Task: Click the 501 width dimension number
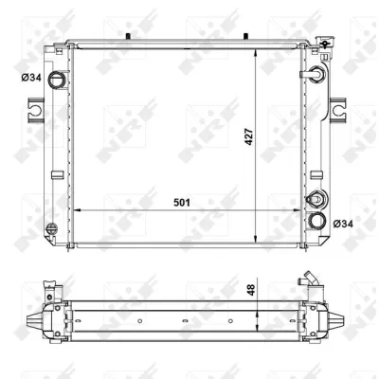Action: click(x=182, y=203)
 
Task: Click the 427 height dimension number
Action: click(x=249, y=136)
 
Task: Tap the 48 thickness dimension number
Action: click(x=252, y=290)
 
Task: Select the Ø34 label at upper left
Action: click(x=31, y=78)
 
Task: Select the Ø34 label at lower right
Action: click(x=343, y=224)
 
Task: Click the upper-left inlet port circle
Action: click(x=56, y=80)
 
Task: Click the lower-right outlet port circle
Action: click(x=316, y=221)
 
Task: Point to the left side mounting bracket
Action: click(x=35, y=110)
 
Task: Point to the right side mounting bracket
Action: click(x=338, y=110)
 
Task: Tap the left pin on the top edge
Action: click(x=128, y=36)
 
